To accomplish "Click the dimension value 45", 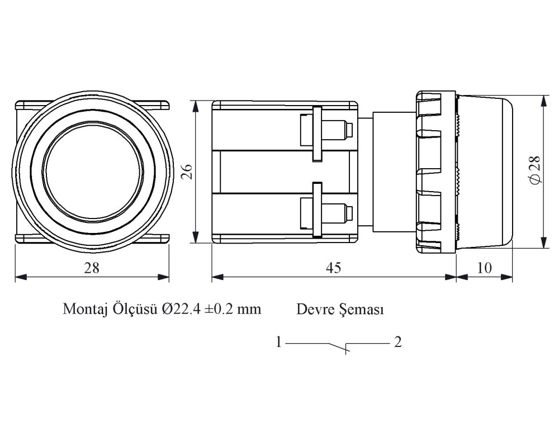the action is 333,268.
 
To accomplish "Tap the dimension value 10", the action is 484,268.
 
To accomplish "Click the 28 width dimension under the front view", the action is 92,268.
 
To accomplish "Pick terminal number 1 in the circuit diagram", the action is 279,343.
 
